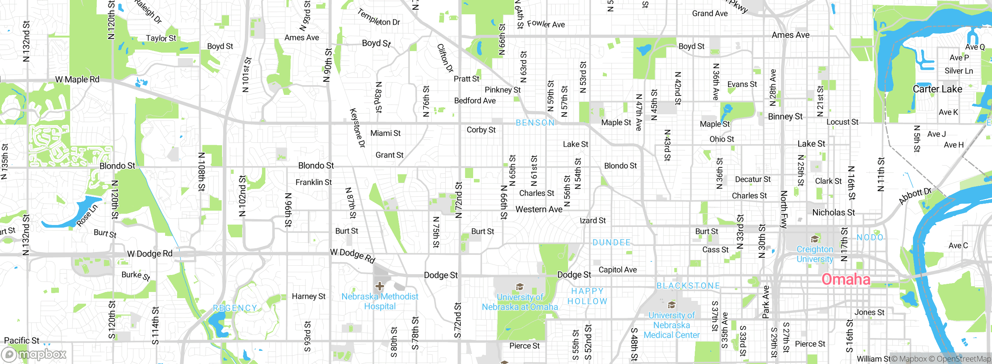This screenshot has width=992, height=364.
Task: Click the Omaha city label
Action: (x=846, y=279)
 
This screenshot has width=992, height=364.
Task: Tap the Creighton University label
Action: (x=815, y=254)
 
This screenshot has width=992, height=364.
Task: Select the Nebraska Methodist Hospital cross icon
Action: (x=379, y=286)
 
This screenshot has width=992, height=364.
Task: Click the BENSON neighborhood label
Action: (x=535, y=123)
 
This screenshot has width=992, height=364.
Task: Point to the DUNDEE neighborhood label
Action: (x=611, y=242)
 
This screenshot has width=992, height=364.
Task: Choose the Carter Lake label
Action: (x=937, y=89)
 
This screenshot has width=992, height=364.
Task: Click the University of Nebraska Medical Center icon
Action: (x=672, y=305)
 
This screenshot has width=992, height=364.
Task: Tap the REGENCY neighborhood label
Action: (x=235, y=308)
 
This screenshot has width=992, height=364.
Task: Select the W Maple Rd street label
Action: (x=77, y=79)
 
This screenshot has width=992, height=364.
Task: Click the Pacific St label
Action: (x=22, y=340)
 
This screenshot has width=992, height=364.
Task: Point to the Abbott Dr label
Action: (x=914, y=196)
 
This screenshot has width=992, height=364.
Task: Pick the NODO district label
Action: (x=870, y=237)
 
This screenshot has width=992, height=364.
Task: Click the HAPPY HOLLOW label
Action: (x=587, y=296)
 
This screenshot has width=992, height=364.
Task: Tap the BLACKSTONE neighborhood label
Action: (x=688, y=286)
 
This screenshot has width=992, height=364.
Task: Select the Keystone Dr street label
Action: (x=357, y=128)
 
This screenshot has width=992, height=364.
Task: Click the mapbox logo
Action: (x=34, y=354)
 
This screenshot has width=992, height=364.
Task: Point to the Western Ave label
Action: (x=539, y=209)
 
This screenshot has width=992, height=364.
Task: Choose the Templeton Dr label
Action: (x=379, y=18)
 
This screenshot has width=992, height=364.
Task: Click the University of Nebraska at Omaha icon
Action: (x=520, y=287)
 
